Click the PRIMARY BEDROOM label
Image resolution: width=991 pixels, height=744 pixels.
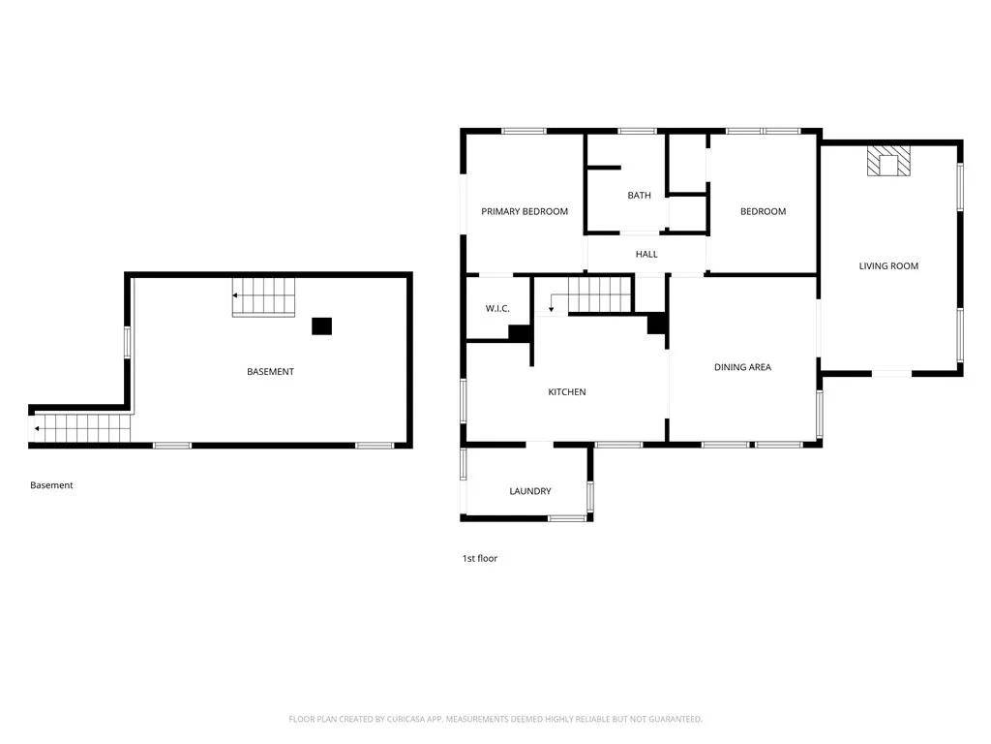(525, 211)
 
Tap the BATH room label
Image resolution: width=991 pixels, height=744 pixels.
(639, 195)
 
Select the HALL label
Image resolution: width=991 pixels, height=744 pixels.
(646, 254)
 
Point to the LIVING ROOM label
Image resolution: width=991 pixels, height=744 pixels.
(888, 265)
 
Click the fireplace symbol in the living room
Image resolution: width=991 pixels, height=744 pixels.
(888, 161)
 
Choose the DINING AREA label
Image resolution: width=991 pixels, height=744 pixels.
(742, 367)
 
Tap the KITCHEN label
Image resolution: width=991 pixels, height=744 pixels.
(567, 392)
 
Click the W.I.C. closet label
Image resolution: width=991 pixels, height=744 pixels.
(497, 309)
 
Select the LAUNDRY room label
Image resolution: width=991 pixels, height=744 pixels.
(530, 491)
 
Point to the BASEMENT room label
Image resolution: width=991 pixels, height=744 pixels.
(270, 372)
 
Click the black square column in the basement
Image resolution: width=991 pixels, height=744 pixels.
(321, 326)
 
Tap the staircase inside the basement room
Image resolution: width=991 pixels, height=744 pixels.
(263, 295)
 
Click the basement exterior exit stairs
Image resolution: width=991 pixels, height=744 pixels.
(81, 428)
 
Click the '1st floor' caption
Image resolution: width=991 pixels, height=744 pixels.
(479, 558)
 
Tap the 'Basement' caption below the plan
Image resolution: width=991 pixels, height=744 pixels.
(51, 485)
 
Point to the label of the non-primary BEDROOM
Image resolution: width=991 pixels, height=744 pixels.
(763, 211)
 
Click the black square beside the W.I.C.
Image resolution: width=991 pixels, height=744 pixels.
(519, 332)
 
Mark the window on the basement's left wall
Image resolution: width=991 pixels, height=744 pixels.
(127, 343)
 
